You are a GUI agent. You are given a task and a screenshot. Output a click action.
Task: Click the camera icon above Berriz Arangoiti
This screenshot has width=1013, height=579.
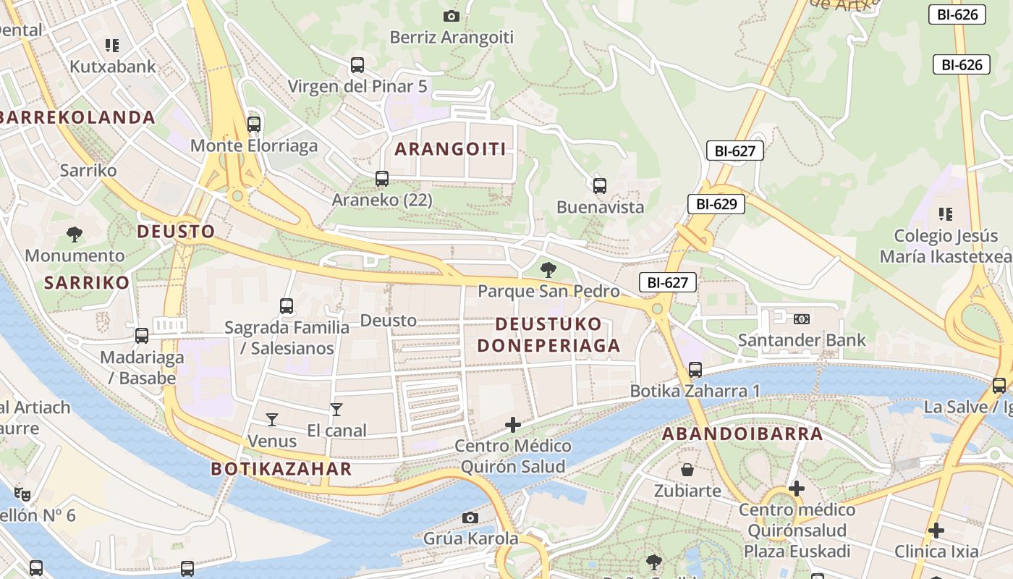pyautogui.click(x=451, y=16)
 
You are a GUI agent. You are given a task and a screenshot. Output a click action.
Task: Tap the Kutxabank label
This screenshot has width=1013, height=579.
pyautogui.click(x=112, y=67)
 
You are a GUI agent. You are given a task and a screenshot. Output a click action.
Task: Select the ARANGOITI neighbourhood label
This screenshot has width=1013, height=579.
pyautogui.click(x=450, y=149)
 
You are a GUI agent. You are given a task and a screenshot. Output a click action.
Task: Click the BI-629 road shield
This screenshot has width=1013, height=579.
pyautogui.click(x=716, y=204)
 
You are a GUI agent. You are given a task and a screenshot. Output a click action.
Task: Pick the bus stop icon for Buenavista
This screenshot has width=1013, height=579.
pyautogui.click(x=599, y=186)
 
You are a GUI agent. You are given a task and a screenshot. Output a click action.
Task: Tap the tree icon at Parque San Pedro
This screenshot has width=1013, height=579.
pyautogui.click(x=548, y=271)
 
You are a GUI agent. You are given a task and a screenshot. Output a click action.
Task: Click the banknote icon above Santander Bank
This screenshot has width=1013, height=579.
pyautogui.click(x=801, y=319)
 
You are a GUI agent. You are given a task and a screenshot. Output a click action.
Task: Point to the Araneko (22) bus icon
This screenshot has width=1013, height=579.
pyautogui.click(x=381, y=179)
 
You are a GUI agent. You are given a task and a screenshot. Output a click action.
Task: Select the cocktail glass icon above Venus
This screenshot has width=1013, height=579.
pyautogui.click(x=271, y=420)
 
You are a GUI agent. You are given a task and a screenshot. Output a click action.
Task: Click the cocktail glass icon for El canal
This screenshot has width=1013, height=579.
pyautogui.click(x=336, y=410)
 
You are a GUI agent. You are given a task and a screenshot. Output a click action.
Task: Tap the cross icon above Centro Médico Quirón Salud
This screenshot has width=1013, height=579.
pyautogui.click(x=512, y=425)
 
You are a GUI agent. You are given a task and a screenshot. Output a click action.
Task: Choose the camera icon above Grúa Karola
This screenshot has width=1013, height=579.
pyautogui.click(x=470, y=517)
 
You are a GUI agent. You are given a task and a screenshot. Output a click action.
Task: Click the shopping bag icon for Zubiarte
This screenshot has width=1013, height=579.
pyautogui.click(x=687, y=470)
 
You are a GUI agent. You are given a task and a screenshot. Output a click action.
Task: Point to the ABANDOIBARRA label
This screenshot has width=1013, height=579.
pyautogui.click(x=742, y=434)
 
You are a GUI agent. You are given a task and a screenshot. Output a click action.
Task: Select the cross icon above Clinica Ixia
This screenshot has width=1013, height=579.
pyautogui.click(x=936, y=531)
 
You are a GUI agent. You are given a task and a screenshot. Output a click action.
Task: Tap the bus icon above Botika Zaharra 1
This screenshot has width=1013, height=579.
pyautogui.click(x=695, y=370)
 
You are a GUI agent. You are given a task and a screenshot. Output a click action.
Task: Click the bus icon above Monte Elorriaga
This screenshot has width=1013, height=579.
pyautogui.click(x=253, y=124)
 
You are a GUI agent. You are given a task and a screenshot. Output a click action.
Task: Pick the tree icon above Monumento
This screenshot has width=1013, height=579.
pyautogui.click(x=75, y=234)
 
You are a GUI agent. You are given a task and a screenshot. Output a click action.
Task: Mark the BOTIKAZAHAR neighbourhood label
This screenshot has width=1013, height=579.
pyautogui.click(x=281, y=469)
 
